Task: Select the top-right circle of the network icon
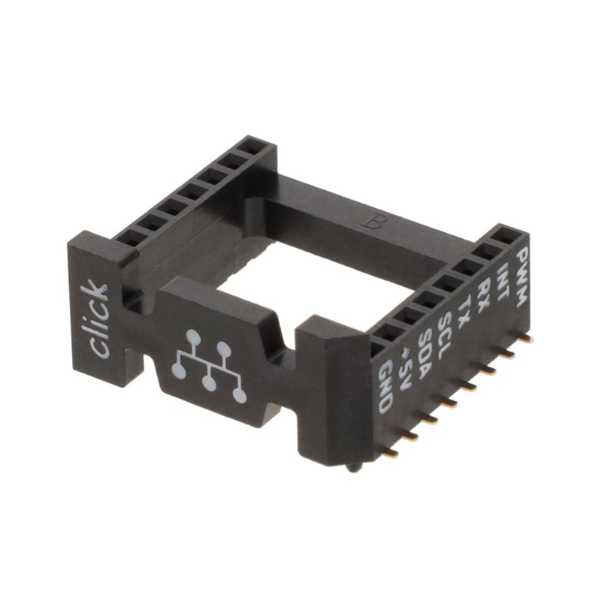click(223, 348)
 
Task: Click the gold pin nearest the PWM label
click(527, 339)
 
